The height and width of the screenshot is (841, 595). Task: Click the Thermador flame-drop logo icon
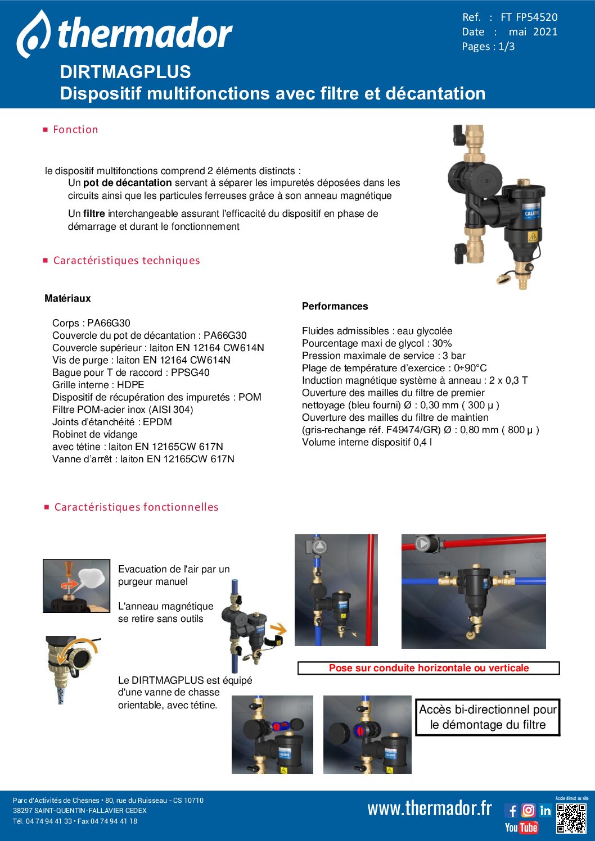(33, 34)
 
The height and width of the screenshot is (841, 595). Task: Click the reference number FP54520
(537, 17)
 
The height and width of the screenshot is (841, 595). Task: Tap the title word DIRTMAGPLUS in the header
(125, 72)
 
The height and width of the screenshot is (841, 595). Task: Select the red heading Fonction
(75, 130)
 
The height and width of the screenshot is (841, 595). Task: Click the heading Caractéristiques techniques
(127, 261)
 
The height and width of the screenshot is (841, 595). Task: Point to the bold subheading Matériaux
(67, 298)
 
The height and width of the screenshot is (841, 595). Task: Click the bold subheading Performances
(335, 306)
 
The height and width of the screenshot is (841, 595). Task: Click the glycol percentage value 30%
(442, 343)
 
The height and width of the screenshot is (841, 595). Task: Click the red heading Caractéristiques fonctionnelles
(136, 507)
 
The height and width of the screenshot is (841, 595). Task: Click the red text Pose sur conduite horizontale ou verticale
(429, 668)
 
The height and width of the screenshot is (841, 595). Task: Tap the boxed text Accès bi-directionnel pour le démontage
(488, 717)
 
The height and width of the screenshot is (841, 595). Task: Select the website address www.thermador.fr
(430, 808)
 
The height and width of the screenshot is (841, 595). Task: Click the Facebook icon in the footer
(511, 810)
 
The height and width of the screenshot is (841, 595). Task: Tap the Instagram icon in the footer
(528, 810)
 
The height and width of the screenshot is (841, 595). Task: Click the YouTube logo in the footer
(521, 828)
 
